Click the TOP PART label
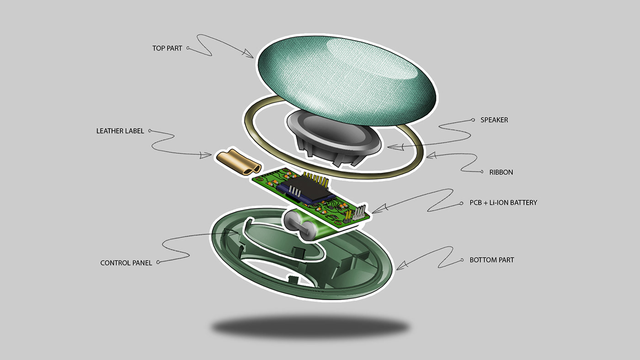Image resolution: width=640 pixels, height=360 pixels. point(167,48)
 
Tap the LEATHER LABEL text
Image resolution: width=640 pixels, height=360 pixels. point(120,131)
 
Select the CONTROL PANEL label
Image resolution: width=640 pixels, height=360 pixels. point(126,263)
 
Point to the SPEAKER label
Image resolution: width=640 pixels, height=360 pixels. point(494,120)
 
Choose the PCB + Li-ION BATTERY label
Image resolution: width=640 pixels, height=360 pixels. point(503,202)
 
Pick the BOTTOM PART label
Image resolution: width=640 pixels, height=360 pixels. point(492,260)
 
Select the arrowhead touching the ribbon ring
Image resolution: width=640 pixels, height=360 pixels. point(430,156)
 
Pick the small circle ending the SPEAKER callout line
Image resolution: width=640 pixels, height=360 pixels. point(473,120)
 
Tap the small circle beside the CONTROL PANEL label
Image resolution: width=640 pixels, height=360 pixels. point(158,263)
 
